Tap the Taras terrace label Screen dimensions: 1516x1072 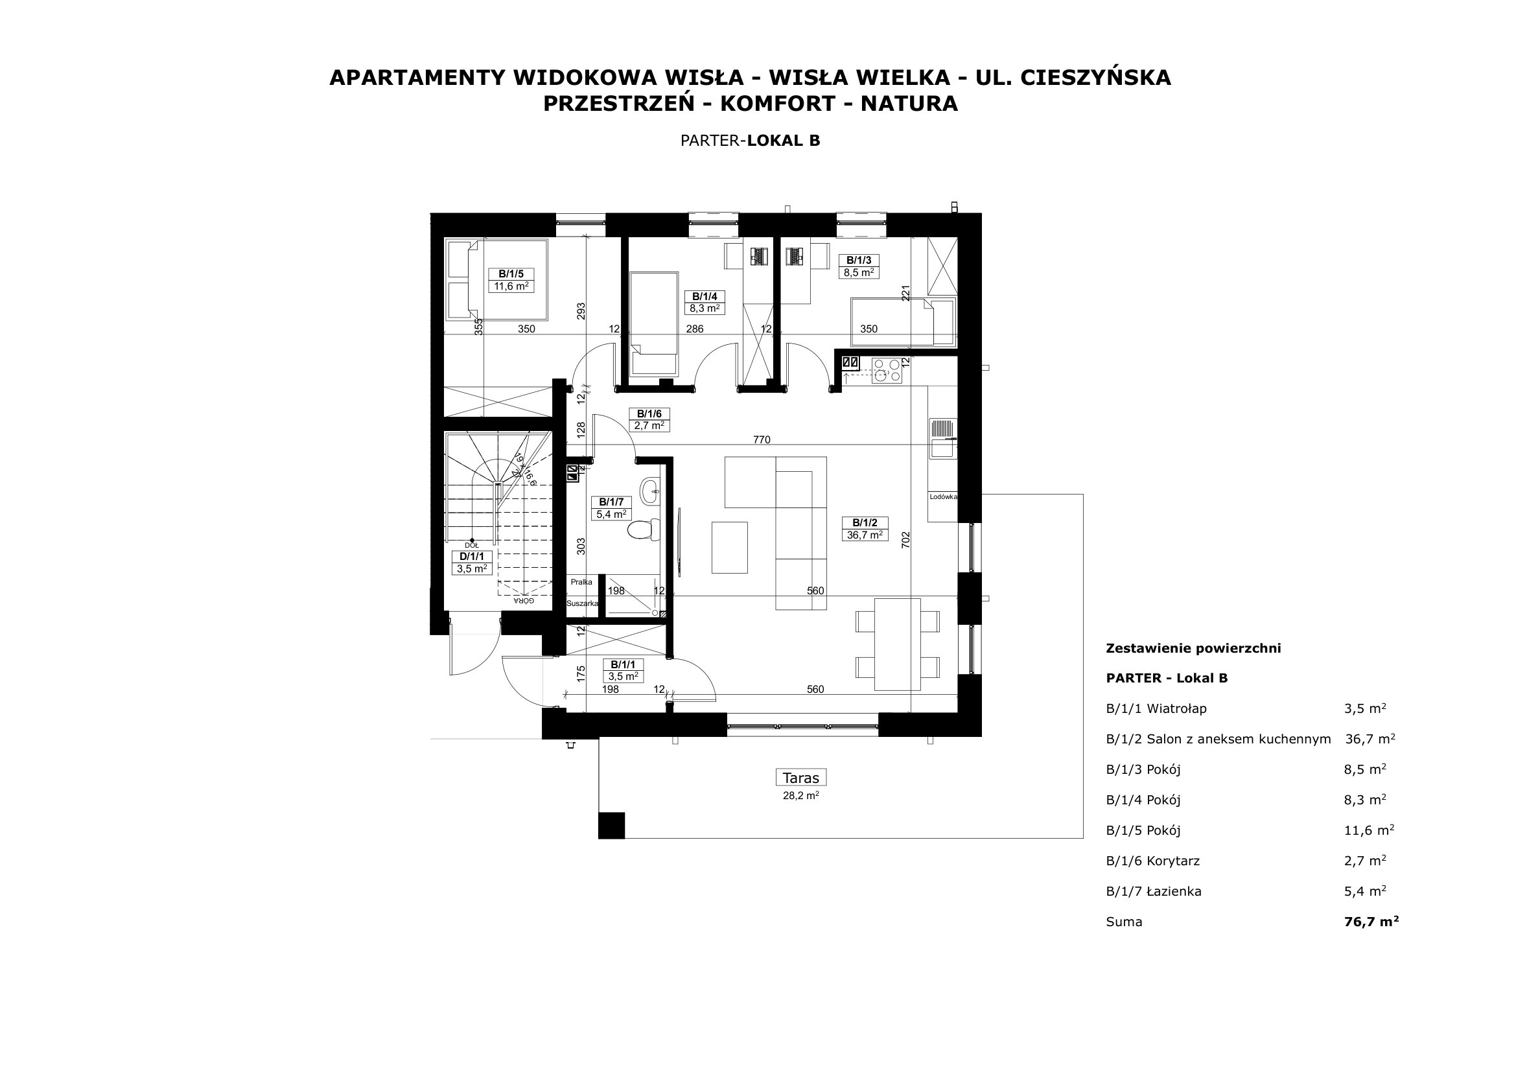click(x=800, y=778)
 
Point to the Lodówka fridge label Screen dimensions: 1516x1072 click(x=943, y=496)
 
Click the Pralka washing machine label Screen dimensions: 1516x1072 click(x=581, y=581)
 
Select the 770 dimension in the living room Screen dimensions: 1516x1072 click(x=762, y=439)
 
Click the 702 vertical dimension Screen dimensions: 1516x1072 click(x=906, y=540)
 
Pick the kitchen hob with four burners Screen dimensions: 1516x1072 click(x=886, y=370)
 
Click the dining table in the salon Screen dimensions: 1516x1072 click(x=897, y=644)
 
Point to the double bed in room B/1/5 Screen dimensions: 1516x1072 click(x=497, y=280)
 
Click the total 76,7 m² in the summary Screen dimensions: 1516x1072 click(x=1371, y=922)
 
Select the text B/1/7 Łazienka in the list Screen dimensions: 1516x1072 click(x=1154, y=892)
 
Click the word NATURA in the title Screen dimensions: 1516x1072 click(x=909, y=104)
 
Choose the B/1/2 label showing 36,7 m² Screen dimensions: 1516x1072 click(x=865, y=529)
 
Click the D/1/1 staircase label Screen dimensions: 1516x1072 click(x=471, y=563)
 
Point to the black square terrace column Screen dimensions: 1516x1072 click(x=611, y=825)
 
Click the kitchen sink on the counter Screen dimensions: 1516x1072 click(x=942, y=438)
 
